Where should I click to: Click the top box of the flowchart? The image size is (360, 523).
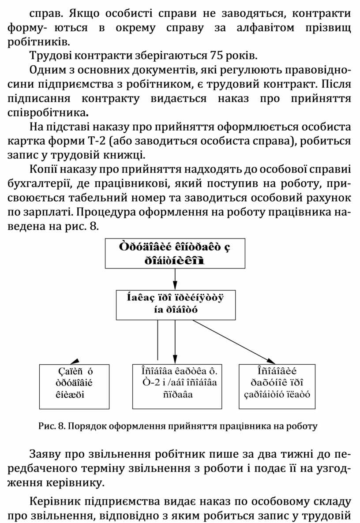click(x=175, y=253)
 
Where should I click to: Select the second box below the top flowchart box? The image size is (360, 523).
click(x=176, y=304)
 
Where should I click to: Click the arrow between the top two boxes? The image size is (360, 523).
click(x=175, y=279)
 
